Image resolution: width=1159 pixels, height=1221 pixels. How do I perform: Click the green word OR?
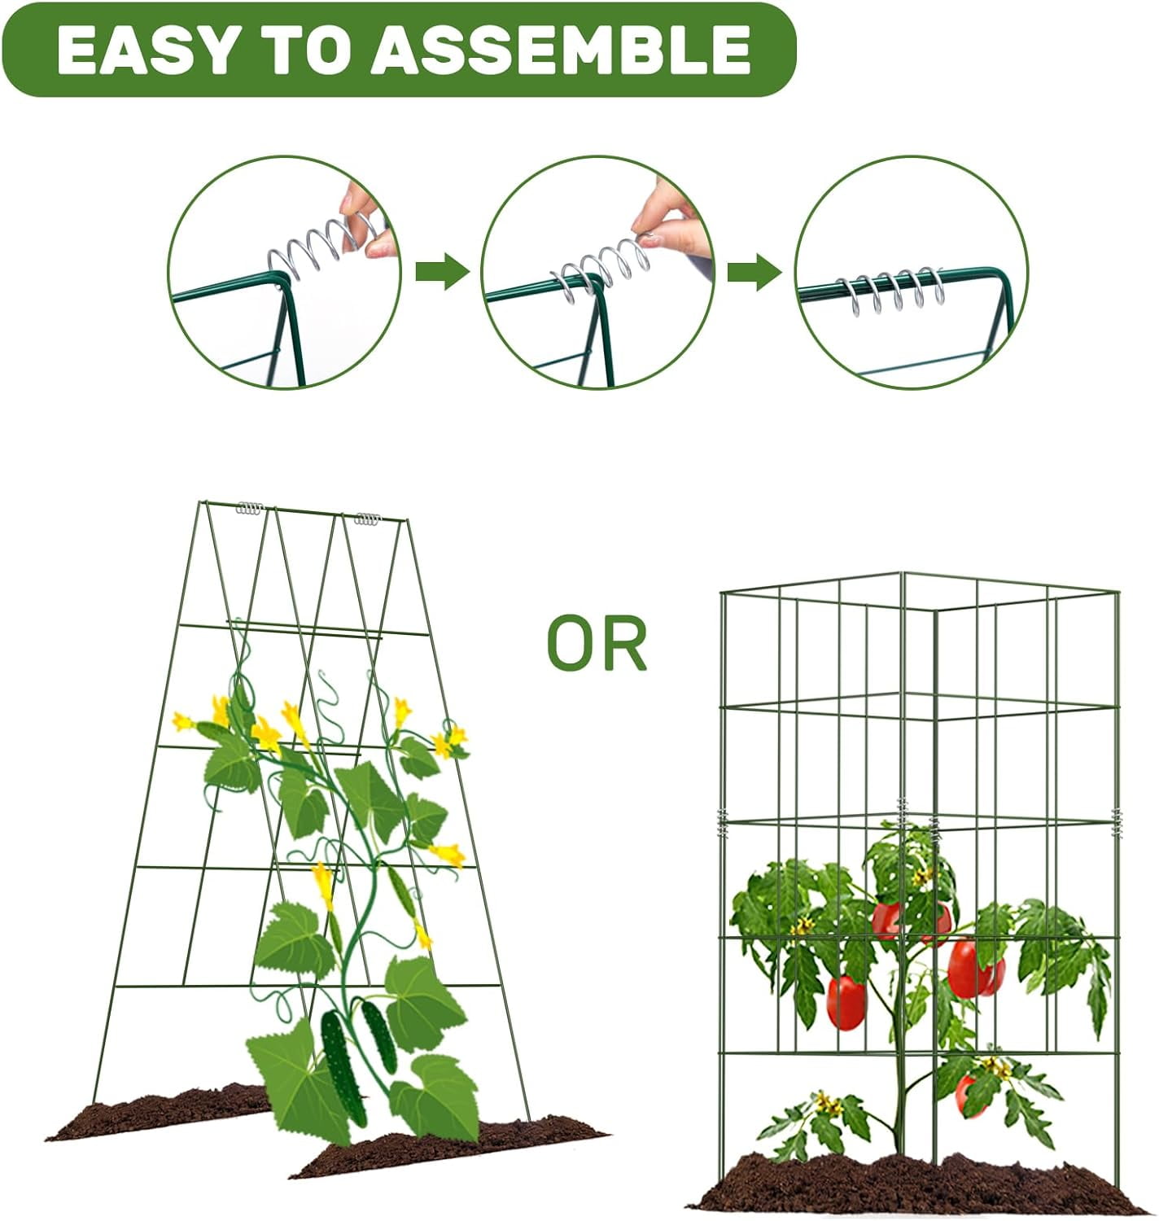pyautogui.click(x=597, y=644)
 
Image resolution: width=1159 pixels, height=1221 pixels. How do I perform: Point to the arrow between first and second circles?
pyautogui.click(x=442, y=271)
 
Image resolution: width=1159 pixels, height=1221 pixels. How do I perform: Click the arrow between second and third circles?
pyautogui.click(x=754, y=271)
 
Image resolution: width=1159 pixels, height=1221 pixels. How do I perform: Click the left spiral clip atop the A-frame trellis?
pyautogui.click(x=250, y=509)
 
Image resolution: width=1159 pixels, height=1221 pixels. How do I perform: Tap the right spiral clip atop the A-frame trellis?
pyautogui.click(x=367, y=518)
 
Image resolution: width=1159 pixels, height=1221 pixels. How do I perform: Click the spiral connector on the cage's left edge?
pyautogui.click(x=723, y=824)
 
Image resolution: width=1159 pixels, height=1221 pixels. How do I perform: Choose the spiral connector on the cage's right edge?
pyautogui.click(x=1117, y=823)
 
